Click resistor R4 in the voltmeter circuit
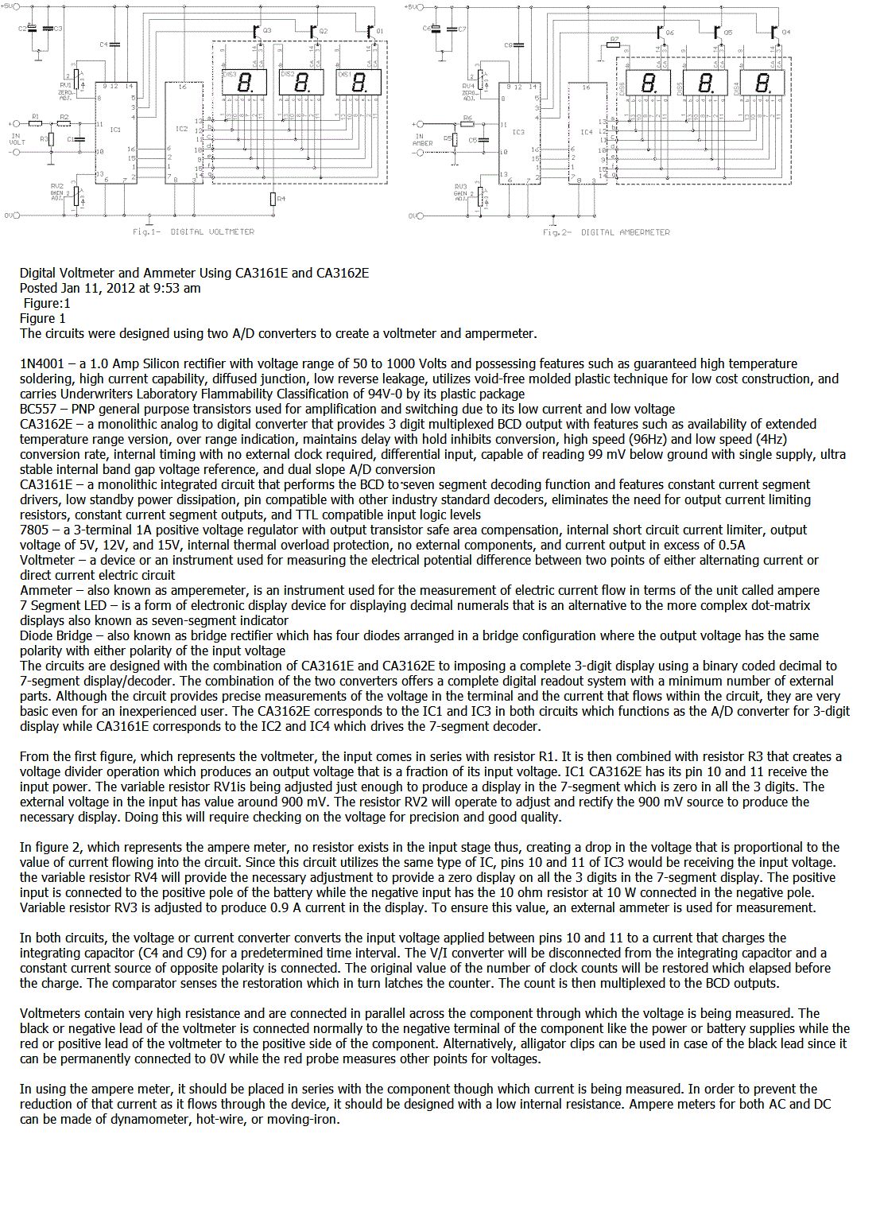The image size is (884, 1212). pos(272,199)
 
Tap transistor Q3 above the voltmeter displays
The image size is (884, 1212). pos(256,32)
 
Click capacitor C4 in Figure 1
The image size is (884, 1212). pos(114,45)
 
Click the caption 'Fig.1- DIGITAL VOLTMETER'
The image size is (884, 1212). pos(193,232)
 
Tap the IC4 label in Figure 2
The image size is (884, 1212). pos(586,132)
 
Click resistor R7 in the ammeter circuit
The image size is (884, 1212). pos(613,45)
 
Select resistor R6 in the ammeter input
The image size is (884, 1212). pos(468,124)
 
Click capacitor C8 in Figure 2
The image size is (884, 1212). pos(518,45)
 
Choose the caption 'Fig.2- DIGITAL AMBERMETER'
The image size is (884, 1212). pos(606,232)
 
